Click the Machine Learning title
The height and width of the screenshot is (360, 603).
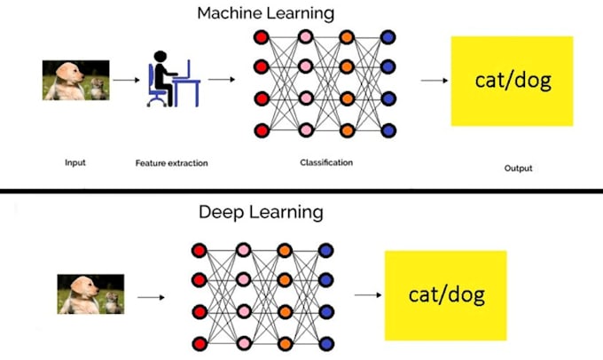[x=266, y=14]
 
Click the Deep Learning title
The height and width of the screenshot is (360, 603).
[x=261, y=213]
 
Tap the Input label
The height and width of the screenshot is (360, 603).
[x=75, y=162]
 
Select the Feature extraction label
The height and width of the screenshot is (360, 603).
[x=171, y=163]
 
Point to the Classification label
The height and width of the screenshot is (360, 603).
[x=326, y=162]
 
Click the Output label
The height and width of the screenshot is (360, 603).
[x=519, y=168]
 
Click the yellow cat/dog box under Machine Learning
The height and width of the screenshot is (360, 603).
[x=513, y=82]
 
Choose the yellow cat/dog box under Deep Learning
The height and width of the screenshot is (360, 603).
[x=446, y=295]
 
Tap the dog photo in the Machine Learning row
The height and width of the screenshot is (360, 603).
[x=75, y=80]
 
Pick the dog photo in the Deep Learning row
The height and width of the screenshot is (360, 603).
[x=90, y=293]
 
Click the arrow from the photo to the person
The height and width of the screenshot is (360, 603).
[x=127, y=80]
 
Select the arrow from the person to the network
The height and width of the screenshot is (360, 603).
[x=222, y=80]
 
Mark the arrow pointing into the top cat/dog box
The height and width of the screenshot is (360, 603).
[x=435, y=81]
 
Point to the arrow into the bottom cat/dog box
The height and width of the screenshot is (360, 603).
[x=368, y=295]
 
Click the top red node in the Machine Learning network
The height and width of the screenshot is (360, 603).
[x=262, y=37]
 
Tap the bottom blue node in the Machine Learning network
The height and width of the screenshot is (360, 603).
[x=388, y=130]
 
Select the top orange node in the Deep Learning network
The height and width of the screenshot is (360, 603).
[x=285, y=250]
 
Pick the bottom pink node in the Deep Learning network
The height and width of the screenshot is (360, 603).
[x=244, y=343]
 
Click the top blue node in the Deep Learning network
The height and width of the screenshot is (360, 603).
[x=325, y=250]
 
